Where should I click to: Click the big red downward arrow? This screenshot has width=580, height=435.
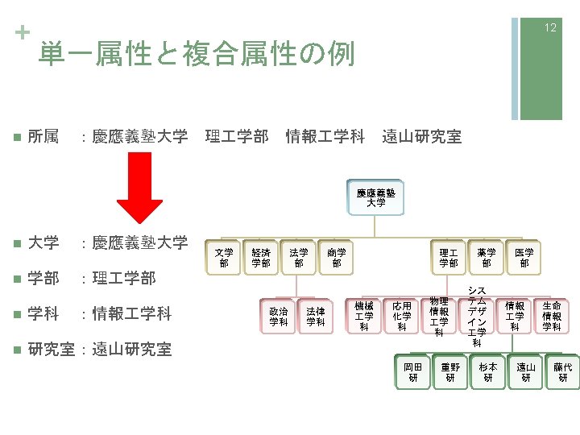147,187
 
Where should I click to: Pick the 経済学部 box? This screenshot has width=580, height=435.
261,258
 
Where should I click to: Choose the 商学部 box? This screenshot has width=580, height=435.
337,258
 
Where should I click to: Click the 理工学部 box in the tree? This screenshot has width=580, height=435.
448,258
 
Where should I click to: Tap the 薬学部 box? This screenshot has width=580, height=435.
486,258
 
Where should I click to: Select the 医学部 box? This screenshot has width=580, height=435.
524,258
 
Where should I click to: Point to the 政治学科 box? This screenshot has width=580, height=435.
279,317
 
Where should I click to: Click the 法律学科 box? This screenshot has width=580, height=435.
316,317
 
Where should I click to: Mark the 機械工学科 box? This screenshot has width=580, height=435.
364,317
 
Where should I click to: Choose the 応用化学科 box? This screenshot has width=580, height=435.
401,317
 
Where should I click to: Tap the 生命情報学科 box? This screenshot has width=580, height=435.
552,317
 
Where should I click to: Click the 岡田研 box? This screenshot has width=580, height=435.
412,372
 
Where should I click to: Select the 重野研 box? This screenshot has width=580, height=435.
450,372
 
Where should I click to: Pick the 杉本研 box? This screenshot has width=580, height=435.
488,372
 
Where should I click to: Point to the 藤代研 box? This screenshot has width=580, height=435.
563,372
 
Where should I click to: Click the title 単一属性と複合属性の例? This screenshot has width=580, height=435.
196,54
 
